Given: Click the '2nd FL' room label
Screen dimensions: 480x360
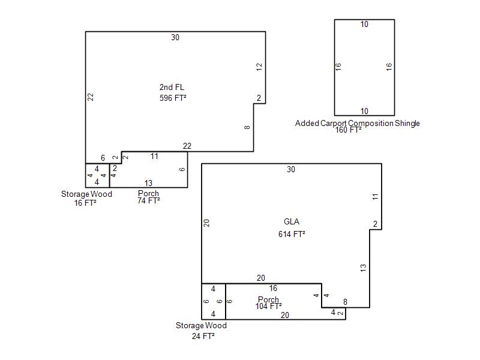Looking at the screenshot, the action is click(172, 87).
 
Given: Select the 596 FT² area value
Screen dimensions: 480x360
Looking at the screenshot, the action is click(173, 98).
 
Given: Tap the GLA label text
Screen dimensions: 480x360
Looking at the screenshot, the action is click(292, 221).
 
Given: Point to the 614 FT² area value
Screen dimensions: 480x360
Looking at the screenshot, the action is click(292, 234).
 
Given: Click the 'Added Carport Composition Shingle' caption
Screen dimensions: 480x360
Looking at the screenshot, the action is click(357, 123).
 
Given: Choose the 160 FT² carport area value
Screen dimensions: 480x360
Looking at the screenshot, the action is click(349, 130).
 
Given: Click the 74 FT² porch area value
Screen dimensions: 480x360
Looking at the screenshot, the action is click(149, 201).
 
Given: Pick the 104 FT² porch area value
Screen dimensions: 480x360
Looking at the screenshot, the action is click(268, 306).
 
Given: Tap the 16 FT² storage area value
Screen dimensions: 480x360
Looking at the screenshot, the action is click(85, 203).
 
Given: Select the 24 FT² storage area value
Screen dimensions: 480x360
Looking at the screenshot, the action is click(203, 336).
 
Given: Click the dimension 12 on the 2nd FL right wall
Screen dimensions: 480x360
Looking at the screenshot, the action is click(259, 67).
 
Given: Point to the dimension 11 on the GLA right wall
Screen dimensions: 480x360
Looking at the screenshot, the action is click(376, 197).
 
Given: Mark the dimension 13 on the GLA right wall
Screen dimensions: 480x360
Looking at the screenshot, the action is click(363, 268).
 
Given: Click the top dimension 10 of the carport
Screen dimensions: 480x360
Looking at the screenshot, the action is click(364, 25).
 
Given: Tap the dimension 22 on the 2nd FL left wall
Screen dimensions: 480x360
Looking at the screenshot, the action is click(91, 97).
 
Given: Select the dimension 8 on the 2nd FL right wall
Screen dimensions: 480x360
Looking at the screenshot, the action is click(247, 127).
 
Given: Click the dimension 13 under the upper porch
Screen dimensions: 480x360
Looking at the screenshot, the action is click(148, 183).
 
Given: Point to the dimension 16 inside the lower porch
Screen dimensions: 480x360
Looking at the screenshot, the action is click(273, 289).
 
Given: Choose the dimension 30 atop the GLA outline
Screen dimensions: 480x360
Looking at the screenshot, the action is click(291, 169).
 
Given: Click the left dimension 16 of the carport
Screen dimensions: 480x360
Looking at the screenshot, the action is click(338, 67).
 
